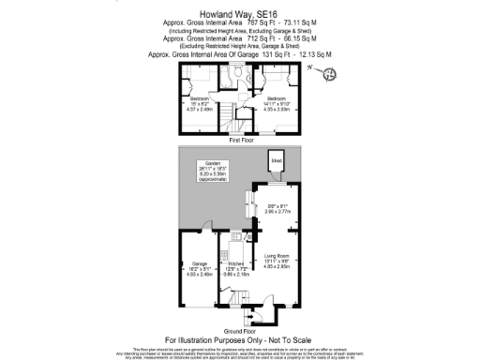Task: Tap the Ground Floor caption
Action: click(x=241, y=331)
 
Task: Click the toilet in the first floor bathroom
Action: click(x=241, y=76)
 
